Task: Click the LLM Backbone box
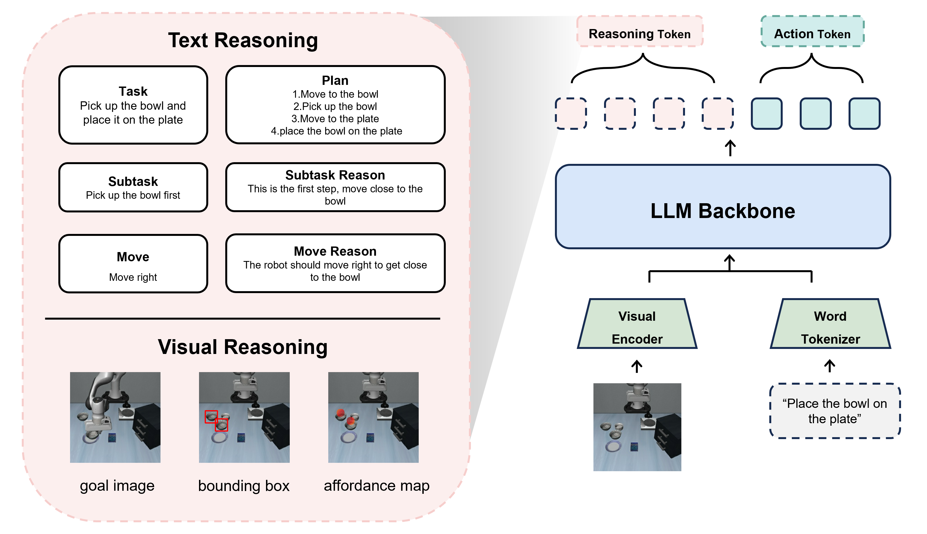[x=722, y=207]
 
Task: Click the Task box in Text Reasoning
[x=133, y=105]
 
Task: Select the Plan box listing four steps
[x=335, y=105]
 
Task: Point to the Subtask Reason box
[x=335, y=187]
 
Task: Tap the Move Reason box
[x=335, y=263]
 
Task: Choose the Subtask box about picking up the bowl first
[x=133, y=187]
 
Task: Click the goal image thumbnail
[x=115, y=417]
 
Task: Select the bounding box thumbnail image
[x=244, y=417]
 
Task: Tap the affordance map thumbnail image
[x=373, y=417]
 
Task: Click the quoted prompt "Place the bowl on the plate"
[x=835, y=411]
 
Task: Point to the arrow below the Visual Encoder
[x=637, y=366]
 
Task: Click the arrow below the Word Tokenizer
[x=830, y=366]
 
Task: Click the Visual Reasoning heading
[x=243, y=347]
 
